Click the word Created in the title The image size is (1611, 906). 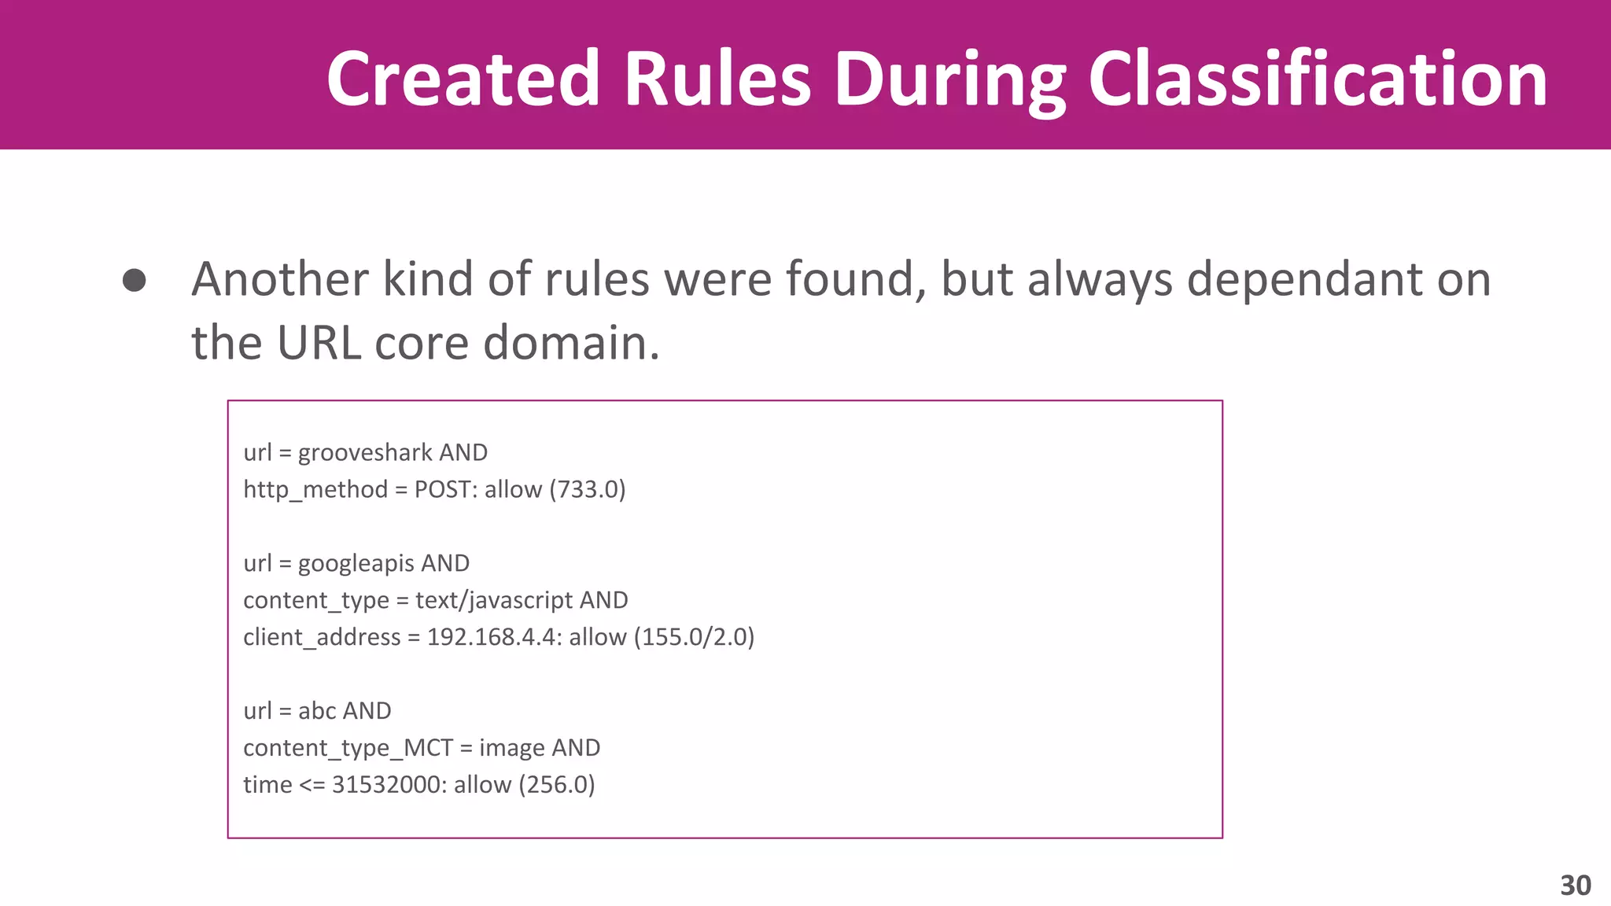[x=463, y=79]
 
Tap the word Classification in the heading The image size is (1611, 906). [x=1318, y=79]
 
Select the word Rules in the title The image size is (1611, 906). [x=717, y=79]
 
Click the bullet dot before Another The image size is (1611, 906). [x=135, y=281]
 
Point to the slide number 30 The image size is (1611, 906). [x=1576, y=886]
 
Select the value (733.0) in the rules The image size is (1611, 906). [x=588, y=490]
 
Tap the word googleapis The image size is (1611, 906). [x=356, y=564]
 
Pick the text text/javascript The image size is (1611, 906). [x=494, y=601]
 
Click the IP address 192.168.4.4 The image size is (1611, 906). [x=492, y=637]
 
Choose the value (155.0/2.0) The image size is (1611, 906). [x=694, y=637]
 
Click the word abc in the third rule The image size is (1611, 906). [x=317, y=711]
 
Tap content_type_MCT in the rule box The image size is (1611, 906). [x=348, y=748]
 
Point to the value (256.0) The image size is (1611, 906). [x=557, y=785]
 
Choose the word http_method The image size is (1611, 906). [x=315, y=490]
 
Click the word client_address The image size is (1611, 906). [x=322, y=637]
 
